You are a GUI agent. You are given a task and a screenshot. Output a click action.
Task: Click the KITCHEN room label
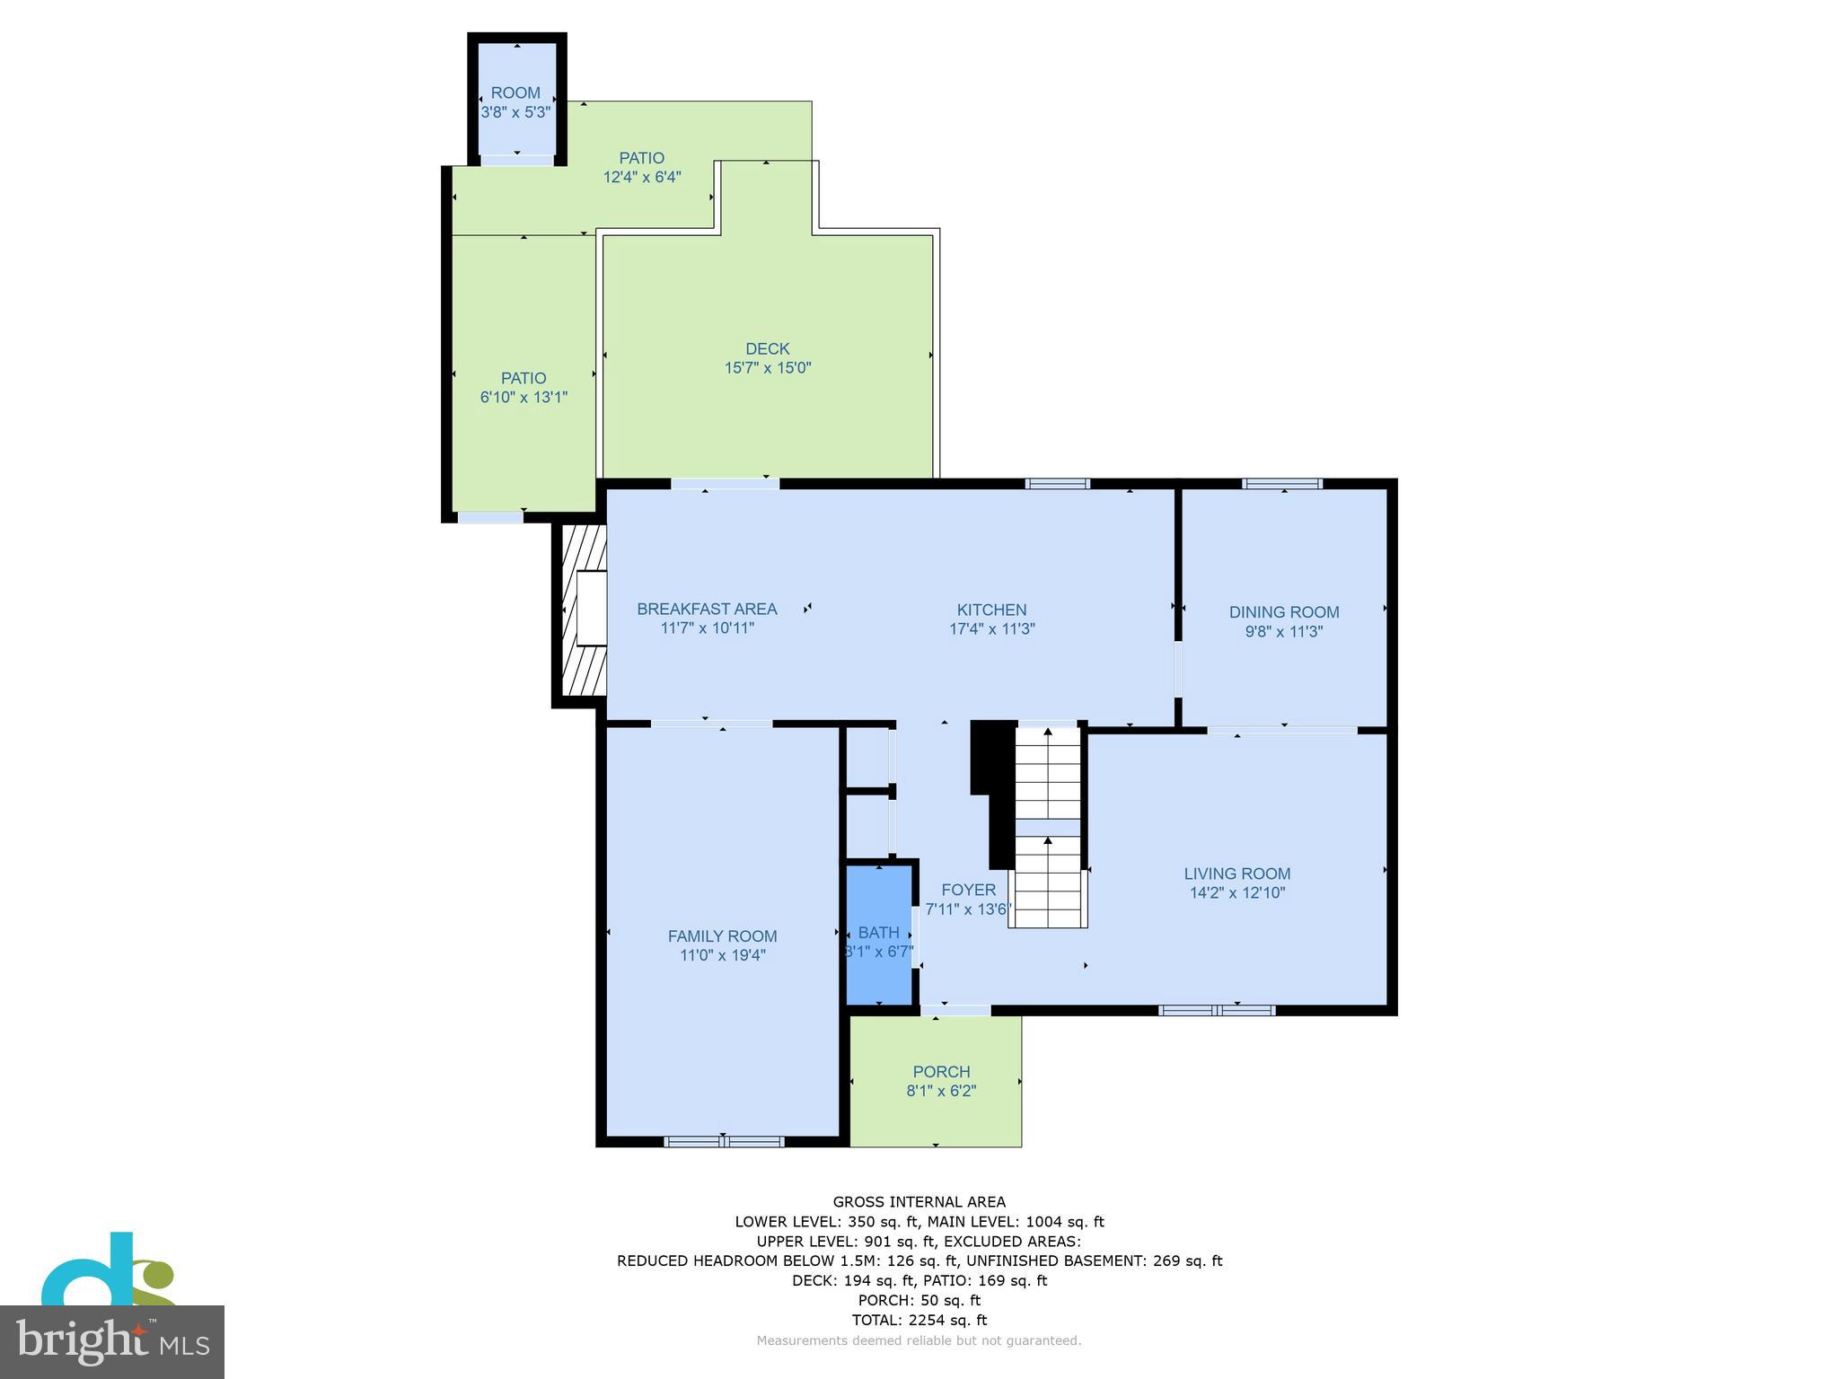click(x=991, y=610)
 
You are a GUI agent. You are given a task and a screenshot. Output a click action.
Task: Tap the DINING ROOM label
click(x=1284, y=612)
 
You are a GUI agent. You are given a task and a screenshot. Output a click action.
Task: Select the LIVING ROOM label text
click(x=1236, y=874)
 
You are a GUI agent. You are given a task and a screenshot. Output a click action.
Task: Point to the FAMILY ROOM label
click(x=722, y=936)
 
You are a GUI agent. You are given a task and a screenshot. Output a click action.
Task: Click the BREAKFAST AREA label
click(x=707, y=609)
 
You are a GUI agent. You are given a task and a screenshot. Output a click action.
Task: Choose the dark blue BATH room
click(x=879, y=934)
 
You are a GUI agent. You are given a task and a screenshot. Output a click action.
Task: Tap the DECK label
click(x=768, y=348)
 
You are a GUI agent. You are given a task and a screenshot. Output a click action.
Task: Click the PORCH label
click(x=941, y=1072)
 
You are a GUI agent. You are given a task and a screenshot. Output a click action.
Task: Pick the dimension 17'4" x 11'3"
click(x=992, y=629)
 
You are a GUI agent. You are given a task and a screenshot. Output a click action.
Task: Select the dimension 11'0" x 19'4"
click(x=723, y=955)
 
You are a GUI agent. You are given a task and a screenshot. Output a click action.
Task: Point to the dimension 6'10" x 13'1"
click(x=524, y=397)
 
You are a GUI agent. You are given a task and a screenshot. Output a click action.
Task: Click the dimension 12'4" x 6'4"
click(x=642, y=177)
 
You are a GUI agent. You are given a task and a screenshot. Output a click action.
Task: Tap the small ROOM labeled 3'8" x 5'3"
click(x=516, y=99)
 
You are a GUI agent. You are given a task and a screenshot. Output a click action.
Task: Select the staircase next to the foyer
click(x=1048, y=827)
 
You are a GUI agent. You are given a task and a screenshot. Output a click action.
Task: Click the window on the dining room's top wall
click(x=1282, y=484)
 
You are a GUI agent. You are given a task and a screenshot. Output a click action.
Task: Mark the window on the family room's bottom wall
click(x=724, y=1142)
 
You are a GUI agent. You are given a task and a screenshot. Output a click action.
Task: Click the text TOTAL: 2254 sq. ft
click(x=919, y=1320)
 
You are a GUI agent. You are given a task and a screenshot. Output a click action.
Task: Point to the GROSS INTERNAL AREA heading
click(x=919, y=1202)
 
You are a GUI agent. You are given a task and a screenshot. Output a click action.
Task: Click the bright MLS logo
click(x=112, y=1342)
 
